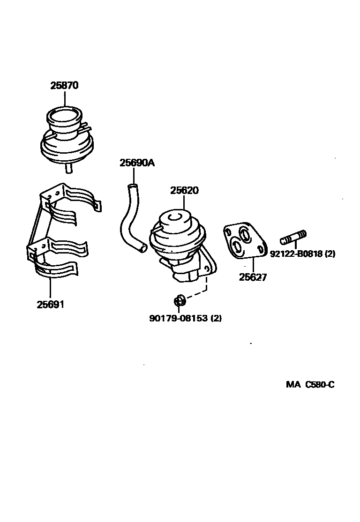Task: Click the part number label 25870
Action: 64,86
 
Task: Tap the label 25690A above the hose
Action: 137,163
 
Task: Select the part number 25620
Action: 184,191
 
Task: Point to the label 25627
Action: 253,277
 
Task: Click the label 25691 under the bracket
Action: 50,305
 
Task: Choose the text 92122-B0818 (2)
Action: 302,254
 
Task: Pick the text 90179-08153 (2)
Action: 185,318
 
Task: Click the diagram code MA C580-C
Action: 310,385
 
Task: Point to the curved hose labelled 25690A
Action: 128,220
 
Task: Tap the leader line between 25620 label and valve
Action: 184,202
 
